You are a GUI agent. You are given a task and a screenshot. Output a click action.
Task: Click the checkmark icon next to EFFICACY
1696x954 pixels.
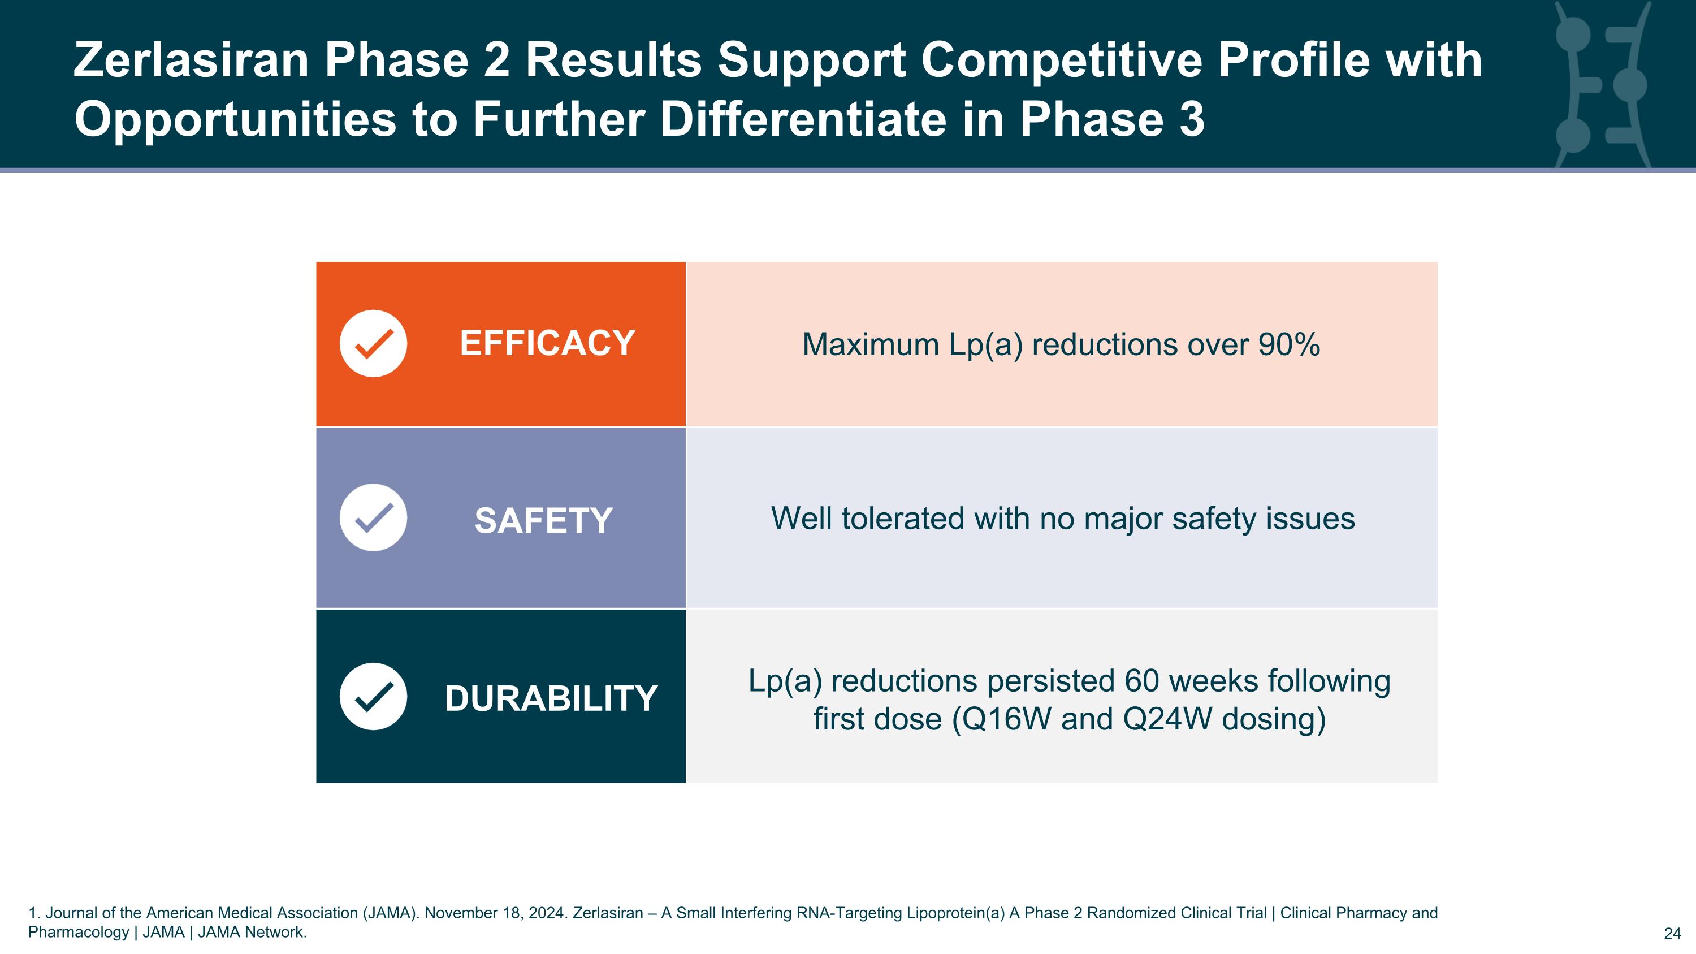[373, 344]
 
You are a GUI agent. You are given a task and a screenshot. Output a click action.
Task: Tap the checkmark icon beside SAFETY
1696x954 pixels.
[373, 517]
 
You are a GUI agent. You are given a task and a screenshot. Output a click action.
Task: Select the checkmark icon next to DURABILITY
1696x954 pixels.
[373, 697]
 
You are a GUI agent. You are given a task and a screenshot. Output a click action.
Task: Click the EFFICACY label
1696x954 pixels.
[547, 344]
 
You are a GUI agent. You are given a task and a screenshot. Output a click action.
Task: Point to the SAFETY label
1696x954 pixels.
[544, 521]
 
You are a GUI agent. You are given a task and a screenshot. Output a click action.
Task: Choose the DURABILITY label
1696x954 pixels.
[551, 698]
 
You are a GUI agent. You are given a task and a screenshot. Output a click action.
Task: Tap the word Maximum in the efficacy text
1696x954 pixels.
[871, 344]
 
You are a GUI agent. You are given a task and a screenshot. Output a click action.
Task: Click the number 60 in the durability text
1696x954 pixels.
[1141, 681]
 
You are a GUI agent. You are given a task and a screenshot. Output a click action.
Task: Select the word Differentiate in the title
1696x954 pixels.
[803, 119]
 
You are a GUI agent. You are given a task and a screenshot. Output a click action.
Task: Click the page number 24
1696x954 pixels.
[1672, 934]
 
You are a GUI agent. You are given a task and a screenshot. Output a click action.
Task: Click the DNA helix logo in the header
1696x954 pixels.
[1600, 85]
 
